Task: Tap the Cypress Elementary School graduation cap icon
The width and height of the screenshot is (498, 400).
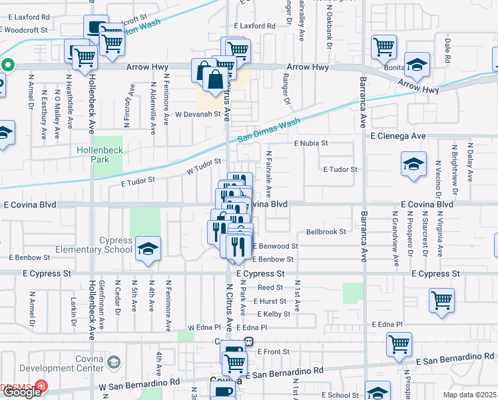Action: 148,249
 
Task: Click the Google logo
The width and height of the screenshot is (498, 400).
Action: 22,392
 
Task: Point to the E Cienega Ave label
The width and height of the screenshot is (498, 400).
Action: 397,136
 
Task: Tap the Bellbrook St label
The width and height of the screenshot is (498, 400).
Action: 326,232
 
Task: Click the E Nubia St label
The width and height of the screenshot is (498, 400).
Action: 312,143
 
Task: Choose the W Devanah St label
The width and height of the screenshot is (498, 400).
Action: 197,115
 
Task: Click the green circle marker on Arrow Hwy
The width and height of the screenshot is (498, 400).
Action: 7,65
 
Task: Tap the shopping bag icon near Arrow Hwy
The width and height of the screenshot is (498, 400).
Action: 216,80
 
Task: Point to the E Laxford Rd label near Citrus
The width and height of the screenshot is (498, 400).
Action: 254,26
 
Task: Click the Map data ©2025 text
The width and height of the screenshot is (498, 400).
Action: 469,395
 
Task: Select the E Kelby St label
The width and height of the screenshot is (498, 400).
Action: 272,314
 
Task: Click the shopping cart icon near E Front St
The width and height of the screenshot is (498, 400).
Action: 399,344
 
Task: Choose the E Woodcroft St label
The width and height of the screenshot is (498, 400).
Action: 24,30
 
